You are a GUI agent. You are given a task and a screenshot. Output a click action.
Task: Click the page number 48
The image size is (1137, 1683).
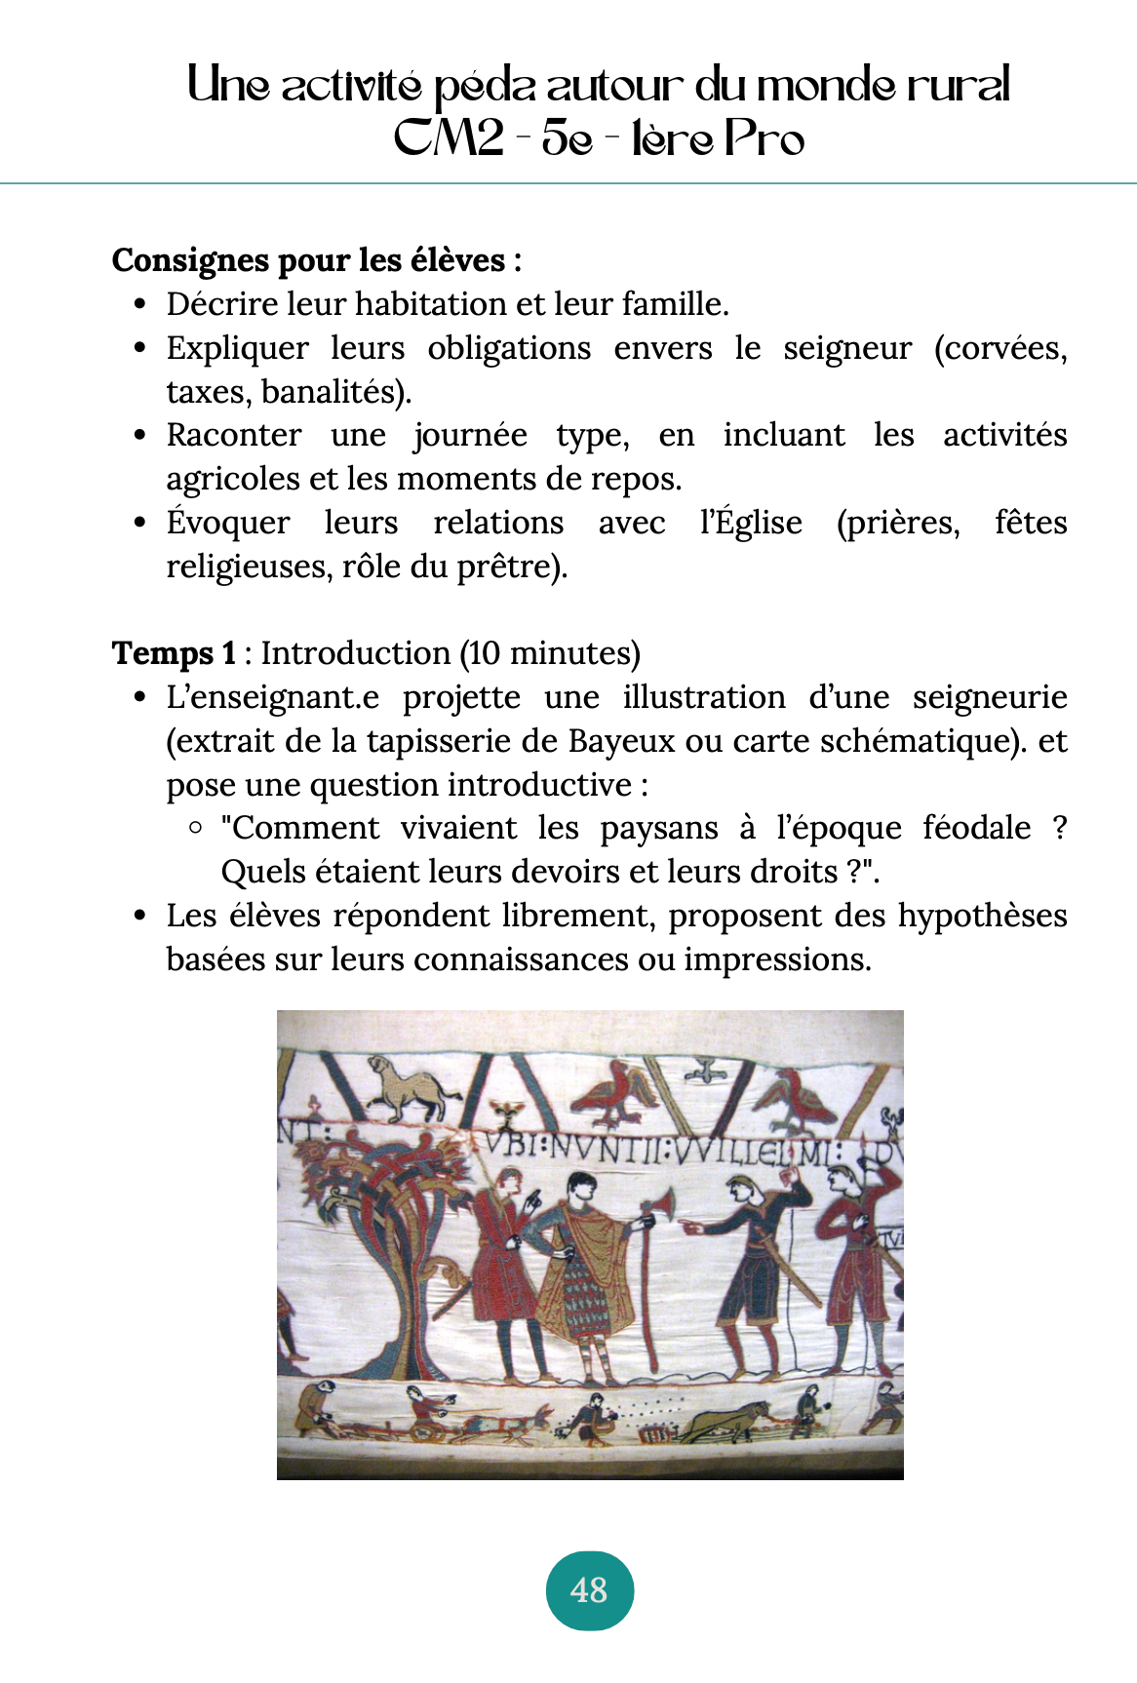tap(589, 1590)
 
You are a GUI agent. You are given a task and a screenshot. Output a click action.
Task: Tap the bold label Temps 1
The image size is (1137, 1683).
tap(174, 652)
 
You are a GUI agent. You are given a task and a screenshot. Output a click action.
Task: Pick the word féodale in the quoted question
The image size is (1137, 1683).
tap(976, 828)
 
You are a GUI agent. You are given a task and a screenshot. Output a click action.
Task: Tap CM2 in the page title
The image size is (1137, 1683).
tap(448, 138)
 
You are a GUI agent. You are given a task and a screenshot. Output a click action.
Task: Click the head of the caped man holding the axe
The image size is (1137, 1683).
tap(581, 1188)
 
